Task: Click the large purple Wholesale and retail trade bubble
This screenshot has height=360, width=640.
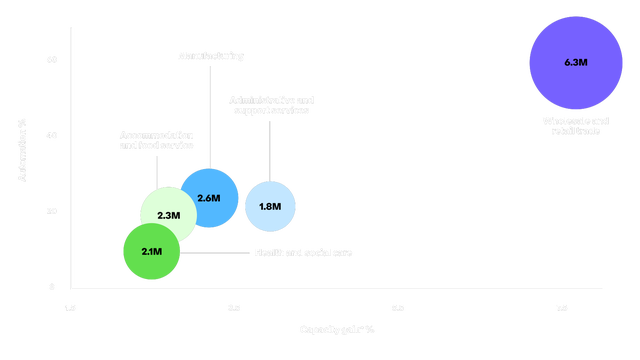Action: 575,62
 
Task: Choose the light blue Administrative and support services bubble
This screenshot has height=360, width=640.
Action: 270,207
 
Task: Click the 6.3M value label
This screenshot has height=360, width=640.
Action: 575,62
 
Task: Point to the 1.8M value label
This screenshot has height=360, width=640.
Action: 270,207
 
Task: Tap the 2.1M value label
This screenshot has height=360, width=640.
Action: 151,251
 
